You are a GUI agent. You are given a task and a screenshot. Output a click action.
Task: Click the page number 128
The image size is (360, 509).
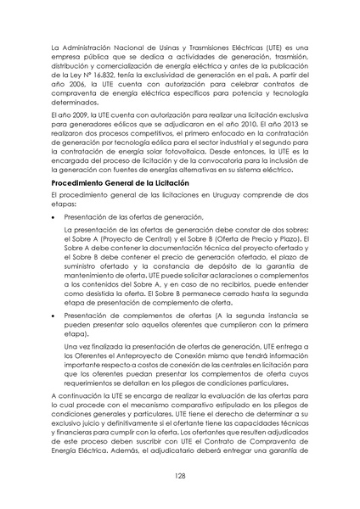pyautogui.click(x=180, y=476)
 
